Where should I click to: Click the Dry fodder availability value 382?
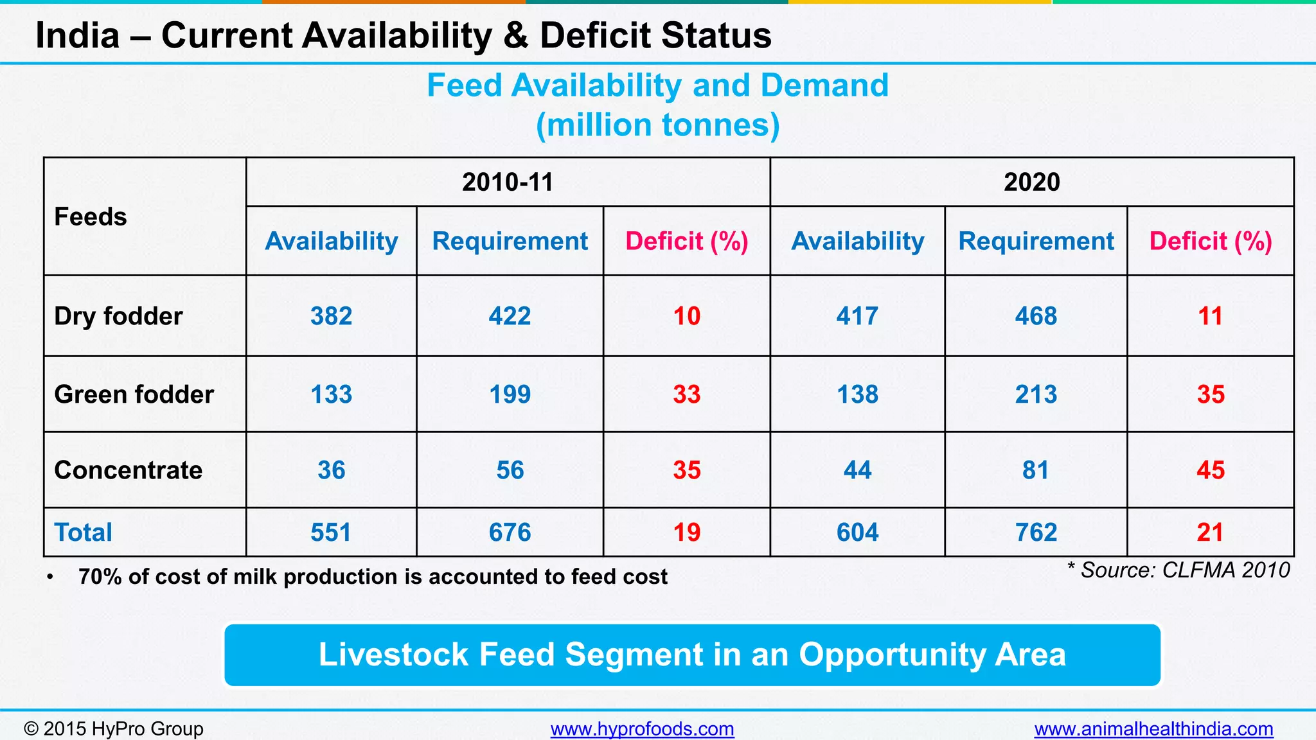coord(331,316)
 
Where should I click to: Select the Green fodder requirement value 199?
coord(510,394)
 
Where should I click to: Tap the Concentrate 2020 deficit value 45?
coord(1210,470)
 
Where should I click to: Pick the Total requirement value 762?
coord(1036,533)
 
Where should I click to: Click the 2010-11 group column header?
coord(508,182)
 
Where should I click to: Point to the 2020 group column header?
coord(1031,182)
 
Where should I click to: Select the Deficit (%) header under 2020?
coord(1210,242)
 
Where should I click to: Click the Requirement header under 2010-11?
coord(510,242)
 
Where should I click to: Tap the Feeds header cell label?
coord(91,217)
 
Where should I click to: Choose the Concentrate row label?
coord(128,470)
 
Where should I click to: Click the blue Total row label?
coord(83,533)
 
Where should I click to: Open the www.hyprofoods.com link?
coord(642,729)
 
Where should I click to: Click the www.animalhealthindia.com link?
coord(1153,729)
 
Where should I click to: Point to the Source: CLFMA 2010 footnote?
coord(1178,570)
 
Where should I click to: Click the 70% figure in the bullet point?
coord(100,577)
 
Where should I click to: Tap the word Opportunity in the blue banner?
coord(892,655)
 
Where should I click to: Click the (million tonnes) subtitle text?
coord(657,125)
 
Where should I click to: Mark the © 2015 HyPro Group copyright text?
coord(113,729)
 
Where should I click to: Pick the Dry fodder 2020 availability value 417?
coord(857,316)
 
